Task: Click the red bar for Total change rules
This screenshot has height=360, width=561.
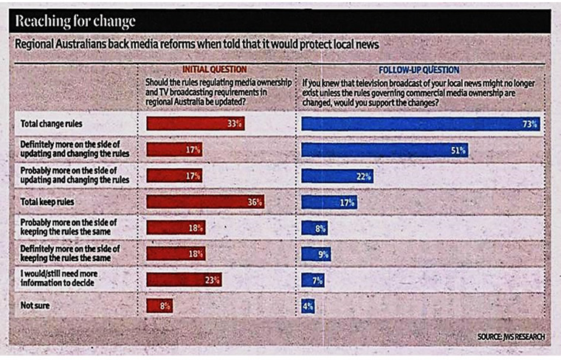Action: pos(196,124)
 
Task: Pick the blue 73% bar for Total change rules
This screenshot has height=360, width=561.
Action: pos(420,124)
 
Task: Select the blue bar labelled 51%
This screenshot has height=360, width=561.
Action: pos(385,150)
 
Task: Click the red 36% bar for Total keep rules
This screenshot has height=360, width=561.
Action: pos(205,201)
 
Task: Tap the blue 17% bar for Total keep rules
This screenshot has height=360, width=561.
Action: pos(329,201)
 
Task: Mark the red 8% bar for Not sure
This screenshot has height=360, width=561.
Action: pos(160,305)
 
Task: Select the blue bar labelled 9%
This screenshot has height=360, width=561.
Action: pos(316,254)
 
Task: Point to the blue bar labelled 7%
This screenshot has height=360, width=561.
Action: pos(314,280)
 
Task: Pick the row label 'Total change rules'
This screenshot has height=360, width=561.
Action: pos(51,124)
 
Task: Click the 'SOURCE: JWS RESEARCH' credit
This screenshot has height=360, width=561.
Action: pos(511,337)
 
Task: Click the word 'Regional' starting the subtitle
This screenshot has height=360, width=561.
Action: pos(36,44)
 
